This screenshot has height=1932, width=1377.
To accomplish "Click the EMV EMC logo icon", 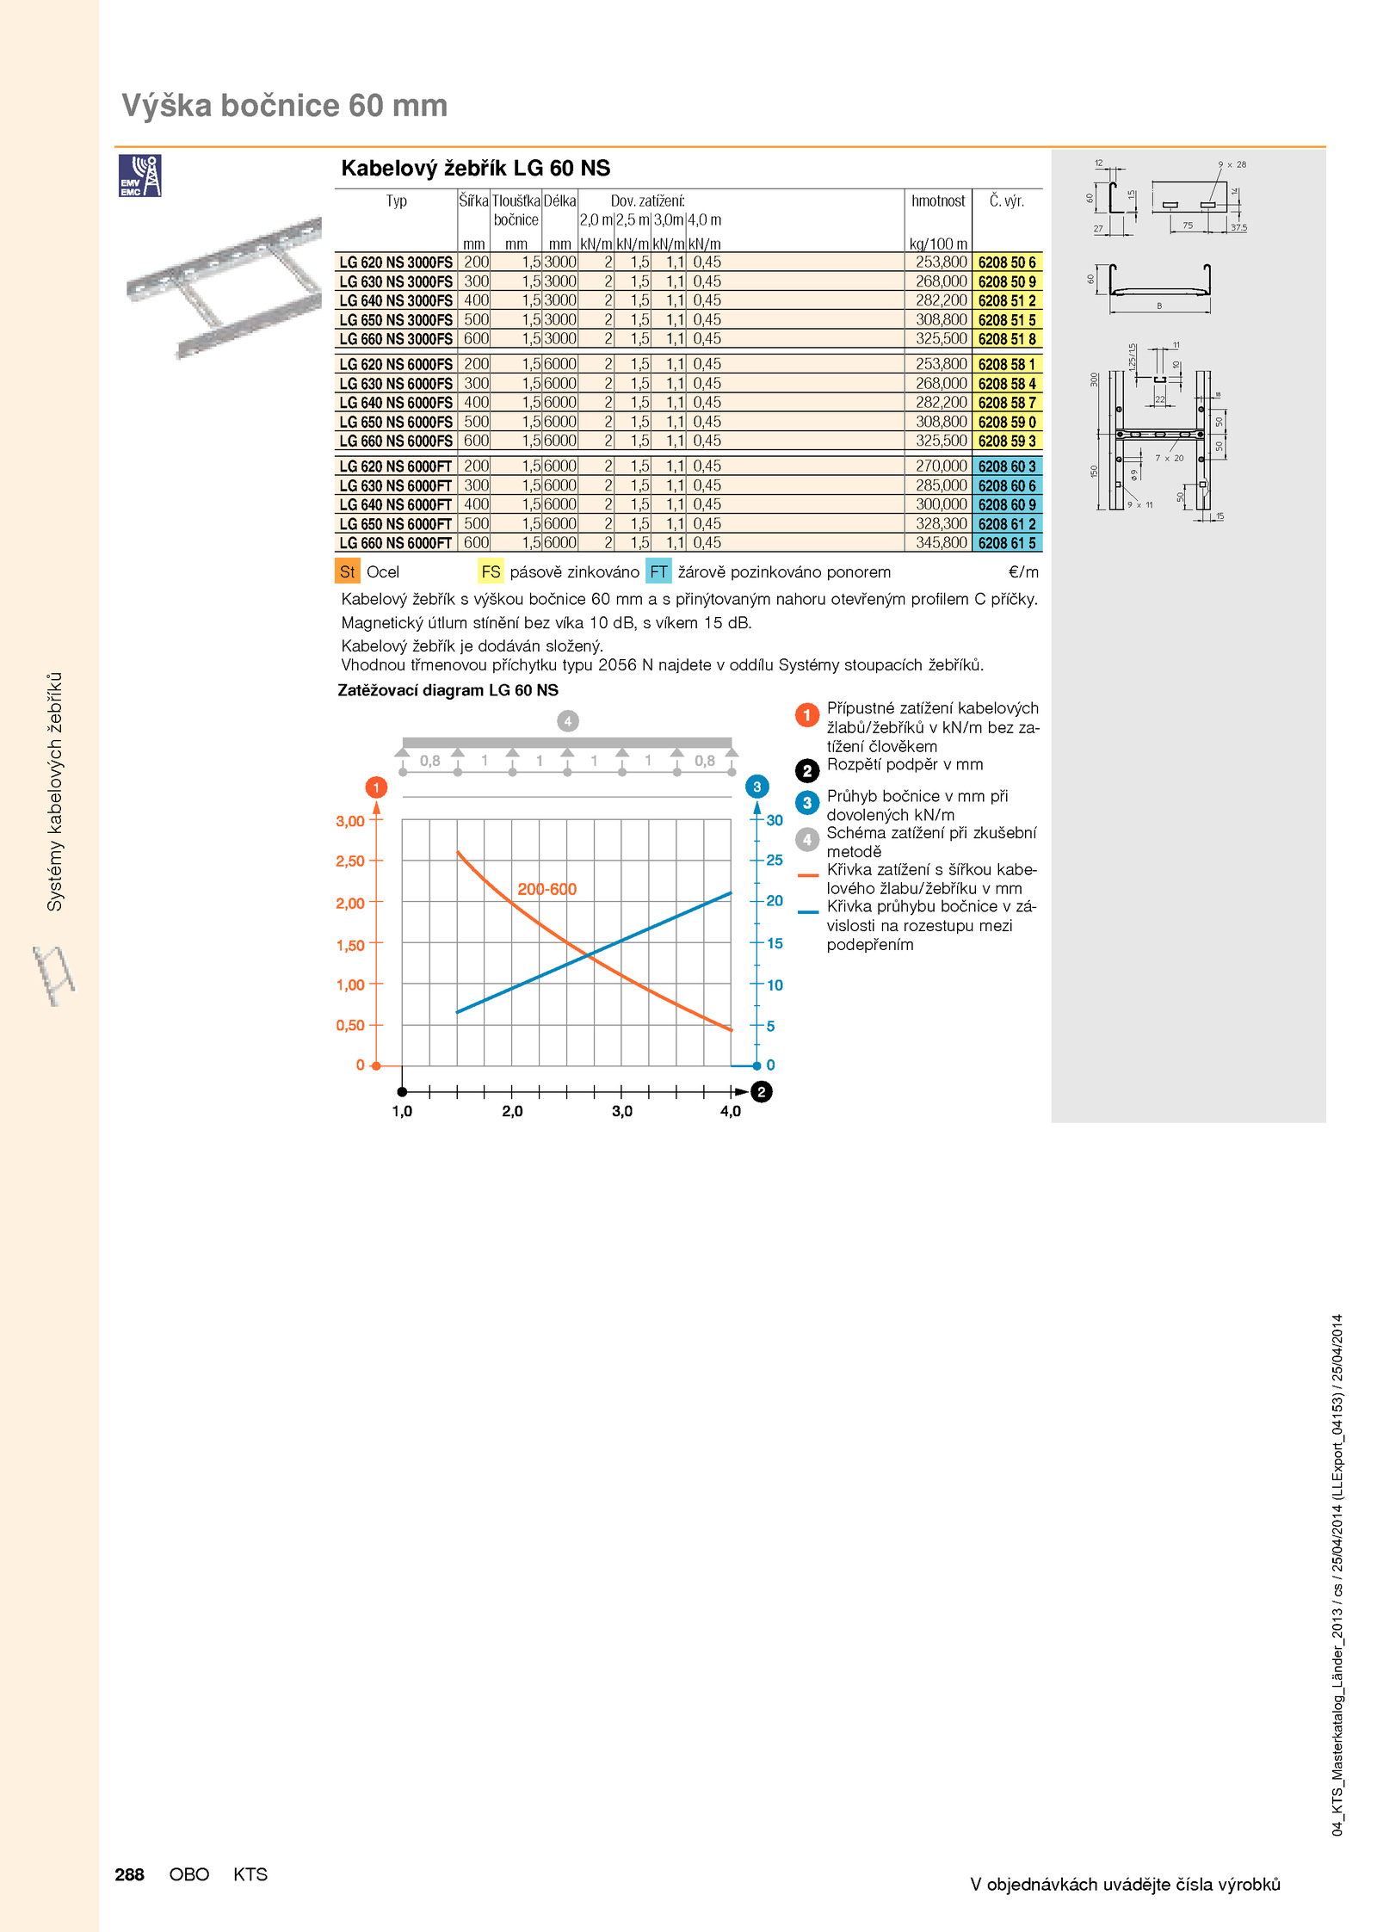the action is click(139, 176).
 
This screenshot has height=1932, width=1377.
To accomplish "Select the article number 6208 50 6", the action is click(1007, 262).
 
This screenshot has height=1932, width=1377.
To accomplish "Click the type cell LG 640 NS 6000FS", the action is click(396, 403).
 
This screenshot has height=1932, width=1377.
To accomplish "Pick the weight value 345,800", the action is click(942, 543).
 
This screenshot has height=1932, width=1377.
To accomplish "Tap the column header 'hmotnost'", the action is click(938, 201).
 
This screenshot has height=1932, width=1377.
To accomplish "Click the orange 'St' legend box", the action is click(348, 571).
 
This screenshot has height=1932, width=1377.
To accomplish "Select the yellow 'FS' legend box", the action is click(491, 571).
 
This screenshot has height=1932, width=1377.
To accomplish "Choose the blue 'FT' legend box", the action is click(658, 571).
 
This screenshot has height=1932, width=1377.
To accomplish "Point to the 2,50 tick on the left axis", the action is click(350, 861).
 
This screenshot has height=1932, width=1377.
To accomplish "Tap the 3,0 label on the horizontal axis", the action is click(621, 1111).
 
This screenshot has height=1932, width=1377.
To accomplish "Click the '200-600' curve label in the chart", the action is click(547, 889).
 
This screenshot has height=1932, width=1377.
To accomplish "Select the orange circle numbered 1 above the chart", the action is click(376, 787).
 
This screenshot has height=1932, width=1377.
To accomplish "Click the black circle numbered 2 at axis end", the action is click(761, 1092).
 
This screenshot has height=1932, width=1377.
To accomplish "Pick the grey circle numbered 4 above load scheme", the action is click(567, 721).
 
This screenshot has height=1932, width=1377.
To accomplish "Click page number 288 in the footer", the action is click(129, 1874).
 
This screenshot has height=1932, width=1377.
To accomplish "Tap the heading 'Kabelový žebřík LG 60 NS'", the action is click(475, 168).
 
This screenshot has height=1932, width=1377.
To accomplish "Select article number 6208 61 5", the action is click(1007, 543).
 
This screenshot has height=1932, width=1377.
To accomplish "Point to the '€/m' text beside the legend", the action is click(1023, 571).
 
